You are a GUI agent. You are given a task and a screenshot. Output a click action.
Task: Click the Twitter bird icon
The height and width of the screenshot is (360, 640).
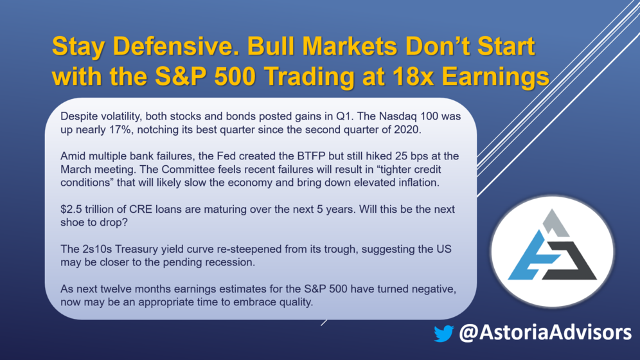tap(443, 333)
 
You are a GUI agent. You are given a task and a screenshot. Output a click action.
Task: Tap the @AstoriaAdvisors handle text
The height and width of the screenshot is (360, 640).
tap(546, 332)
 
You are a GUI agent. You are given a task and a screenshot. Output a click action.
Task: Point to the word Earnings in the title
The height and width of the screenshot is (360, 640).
tap(495, 77)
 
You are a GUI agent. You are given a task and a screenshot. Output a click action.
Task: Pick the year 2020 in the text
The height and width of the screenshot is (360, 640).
tap(406, 130)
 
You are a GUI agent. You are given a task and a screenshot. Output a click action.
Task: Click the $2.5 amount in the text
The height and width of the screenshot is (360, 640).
tap(71, 209)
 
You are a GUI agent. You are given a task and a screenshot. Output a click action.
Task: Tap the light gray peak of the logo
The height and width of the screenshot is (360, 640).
tap(555, 223)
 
